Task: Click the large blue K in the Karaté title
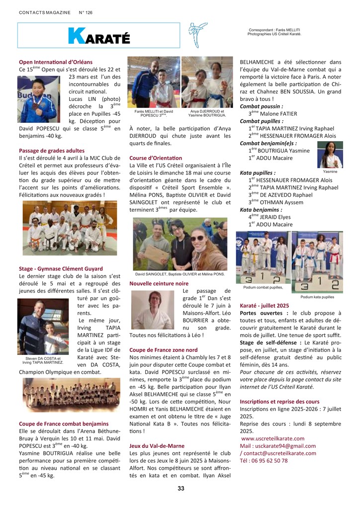76,36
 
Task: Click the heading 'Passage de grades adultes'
52,150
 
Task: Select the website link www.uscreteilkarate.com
273,438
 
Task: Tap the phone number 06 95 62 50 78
264,460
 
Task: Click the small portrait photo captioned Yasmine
330,155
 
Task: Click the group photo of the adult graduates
70,228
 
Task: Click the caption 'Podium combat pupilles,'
263,287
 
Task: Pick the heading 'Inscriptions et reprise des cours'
279,401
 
